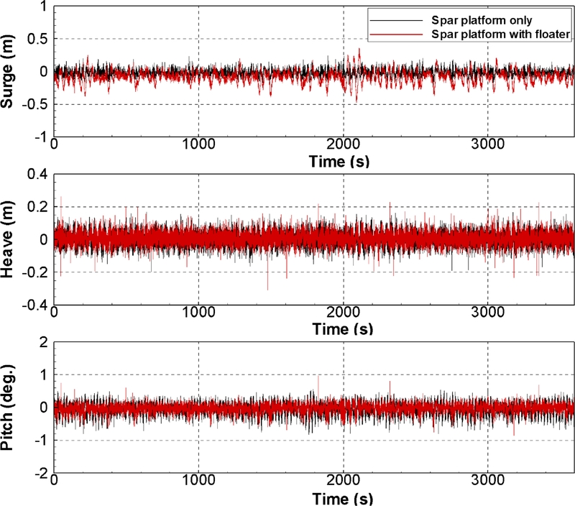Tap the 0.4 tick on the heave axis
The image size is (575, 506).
click(35, 174)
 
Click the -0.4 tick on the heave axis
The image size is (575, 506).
click(32, 305)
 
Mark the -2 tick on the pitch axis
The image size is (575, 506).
click(40, 472)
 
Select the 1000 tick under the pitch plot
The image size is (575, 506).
click(198, 483)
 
